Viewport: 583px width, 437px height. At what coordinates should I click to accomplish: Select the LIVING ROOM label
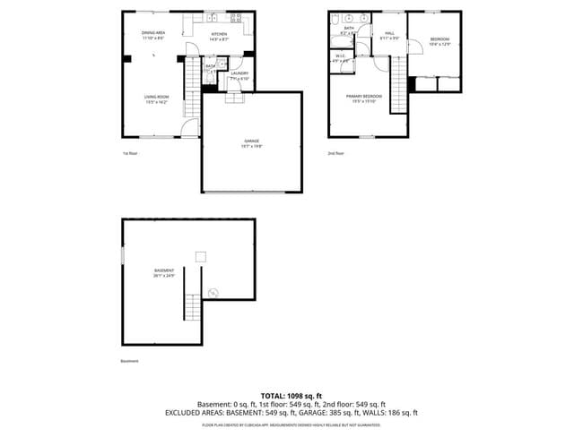point(157,99)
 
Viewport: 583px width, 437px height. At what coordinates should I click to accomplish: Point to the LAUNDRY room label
point(239,75)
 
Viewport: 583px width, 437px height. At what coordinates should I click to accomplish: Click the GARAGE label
point(252,142)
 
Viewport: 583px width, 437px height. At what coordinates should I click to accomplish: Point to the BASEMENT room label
point(163,272)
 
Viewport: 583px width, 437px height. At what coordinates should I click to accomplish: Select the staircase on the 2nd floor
point(397,81)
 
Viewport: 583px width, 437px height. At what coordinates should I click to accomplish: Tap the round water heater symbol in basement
point(213,292)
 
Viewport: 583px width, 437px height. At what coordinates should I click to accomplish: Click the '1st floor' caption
point(130,153)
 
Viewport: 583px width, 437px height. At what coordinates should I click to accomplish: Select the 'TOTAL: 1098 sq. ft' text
point(291,395)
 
